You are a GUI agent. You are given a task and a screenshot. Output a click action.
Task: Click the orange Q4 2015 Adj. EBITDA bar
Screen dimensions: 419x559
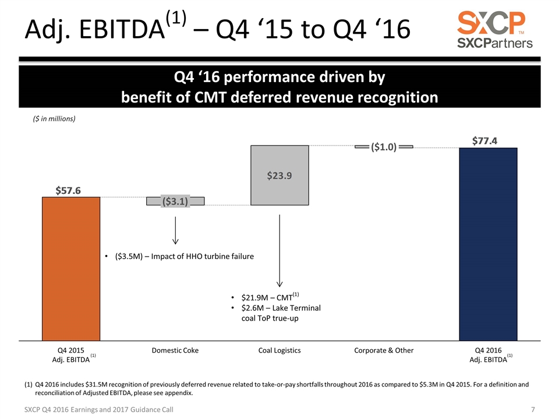point(71,268)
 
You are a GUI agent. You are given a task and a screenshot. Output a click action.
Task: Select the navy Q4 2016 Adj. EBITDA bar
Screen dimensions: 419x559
point(488,244)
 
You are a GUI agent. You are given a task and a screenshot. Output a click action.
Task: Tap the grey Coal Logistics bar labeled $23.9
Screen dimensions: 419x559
point(279,175)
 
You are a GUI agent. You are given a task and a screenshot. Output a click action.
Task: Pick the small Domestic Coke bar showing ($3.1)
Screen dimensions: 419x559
point(175,201)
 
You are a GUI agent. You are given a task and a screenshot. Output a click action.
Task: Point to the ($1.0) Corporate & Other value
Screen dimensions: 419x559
point(384,147)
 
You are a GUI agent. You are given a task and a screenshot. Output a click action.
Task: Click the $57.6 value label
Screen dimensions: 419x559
point(68,190)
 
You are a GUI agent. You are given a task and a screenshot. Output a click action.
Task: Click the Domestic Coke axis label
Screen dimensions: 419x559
point(175,351)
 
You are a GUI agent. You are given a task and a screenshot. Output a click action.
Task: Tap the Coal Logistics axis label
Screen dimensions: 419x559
point(279,351)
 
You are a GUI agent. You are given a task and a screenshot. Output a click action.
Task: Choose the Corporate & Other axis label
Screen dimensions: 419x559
point(384,351)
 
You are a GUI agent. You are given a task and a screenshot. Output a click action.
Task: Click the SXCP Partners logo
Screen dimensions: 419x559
point(494,29)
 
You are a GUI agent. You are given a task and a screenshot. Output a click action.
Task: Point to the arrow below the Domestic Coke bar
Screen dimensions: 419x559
point(175,230)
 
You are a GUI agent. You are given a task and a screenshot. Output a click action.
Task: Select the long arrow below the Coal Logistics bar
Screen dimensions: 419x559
point(280,250)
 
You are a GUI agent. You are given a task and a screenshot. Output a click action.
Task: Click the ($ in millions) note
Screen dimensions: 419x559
point(53,119)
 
